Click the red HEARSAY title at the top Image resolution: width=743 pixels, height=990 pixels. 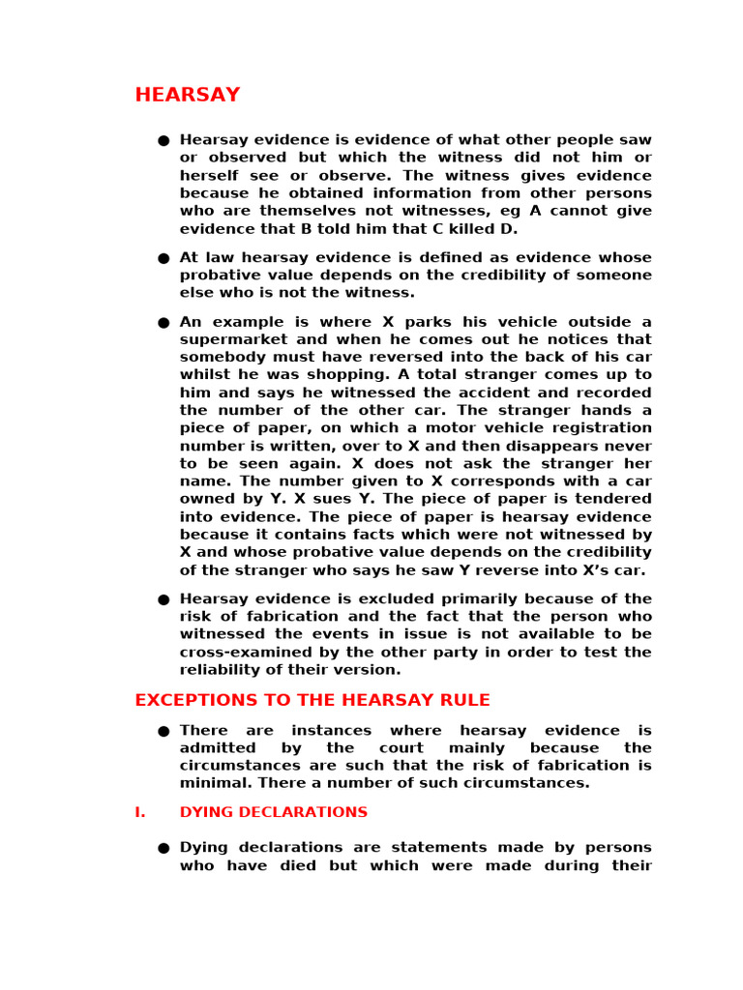[x=187, y=95]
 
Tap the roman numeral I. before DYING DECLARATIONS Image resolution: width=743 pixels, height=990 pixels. [x=140, y=812]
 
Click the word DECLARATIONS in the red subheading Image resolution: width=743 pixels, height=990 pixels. [x=312, y=812]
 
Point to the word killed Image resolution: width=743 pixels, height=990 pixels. [x=460, y=229]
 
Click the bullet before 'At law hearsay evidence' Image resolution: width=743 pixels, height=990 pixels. [x=163, y=258]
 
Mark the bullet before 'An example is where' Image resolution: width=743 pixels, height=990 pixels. [x=163, y=322]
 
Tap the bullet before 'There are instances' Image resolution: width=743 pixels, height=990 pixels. [x=163, y=731]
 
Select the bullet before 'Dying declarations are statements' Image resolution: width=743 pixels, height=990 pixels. [x=163, y=848]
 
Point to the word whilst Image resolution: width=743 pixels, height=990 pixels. [x=204, y=375]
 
